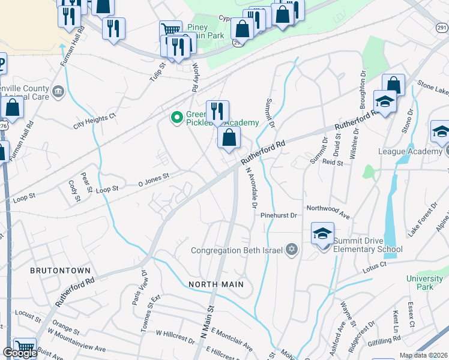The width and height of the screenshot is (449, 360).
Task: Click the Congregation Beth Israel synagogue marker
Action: tap(292, 250)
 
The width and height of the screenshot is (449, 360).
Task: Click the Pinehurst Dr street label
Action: tap(279, 215)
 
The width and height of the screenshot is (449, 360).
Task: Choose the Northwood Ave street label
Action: tap(328, 212)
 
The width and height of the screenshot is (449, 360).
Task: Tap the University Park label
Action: tap(424, 283)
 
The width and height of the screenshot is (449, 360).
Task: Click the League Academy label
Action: tap(409, 151)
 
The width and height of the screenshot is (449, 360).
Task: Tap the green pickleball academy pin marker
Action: tap(176, 117)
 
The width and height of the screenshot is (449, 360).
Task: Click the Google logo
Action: tap(19, 353)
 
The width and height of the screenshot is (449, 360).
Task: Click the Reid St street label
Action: tap(332, 162)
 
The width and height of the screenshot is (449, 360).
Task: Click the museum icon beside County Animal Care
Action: tap(58, 91)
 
